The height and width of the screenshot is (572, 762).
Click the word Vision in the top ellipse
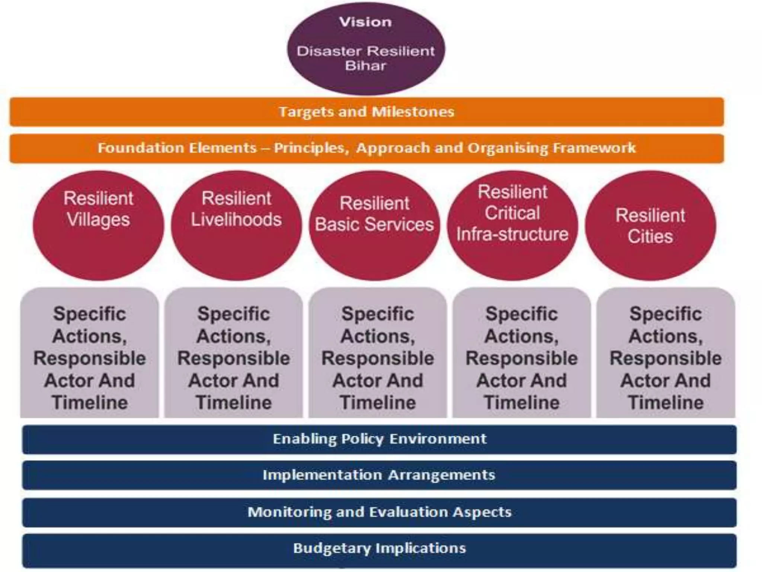pyautogui.click(x=365, y=22)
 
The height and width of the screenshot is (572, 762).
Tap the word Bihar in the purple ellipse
pyautogui.click(x=365, y=66)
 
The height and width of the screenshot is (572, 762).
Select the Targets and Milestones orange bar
pyautogui.click(x=366, y=112)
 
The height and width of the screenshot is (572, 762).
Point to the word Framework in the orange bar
pyautogui.click(x=594, y=148)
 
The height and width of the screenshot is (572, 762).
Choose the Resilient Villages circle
pyautogui.click(x=98, y=225)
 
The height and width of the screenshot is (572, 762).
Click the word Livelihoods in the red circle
pyautogui.click(x=236, y=219)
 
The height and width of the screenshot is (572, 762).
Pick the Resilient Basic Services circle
pyautogui.click(x=374, y=225)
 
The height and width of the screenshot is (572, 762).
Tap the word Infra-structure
pyautogui.click(x=512, y=234)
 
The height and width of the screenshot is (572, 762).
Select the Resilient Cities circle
pyautogui.click(x=650, y=225)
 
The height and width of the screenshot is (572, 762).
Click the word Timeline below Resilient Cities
pyautogui.click(x=666, y=403)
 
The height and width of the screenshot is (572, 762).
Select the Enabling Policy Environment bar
pyautogui.click(x=379, y=439)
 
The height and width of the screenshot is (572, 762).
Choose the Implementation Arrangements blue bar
pyautogui.click(x=379, y=475)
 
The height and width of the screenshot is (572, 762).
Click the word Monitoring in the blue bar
pyautogui.click(x=289, y=512)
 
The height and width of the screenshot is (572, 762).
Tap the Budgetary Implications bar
pyautogui.click(x=379, y=548)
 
